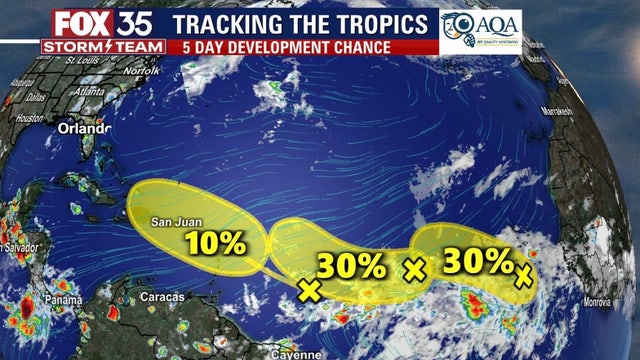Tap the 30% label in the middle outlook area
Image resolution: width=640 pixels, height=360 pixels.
coord(351,266)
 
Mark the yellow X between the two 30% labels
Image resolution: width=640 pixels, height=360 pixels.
coord(414,268)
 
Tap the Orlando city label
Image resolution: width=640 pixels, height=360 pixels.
coord(83,129)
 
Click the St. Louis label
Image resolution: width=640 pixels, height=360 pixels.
coord(82,60)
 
